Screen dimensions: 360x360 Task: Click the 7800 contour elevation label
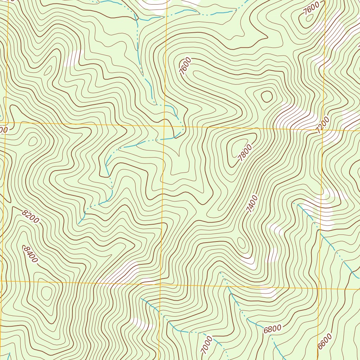[x=245, y=154]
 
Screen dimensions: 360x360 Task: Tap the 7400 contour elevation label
[x=252, y=204]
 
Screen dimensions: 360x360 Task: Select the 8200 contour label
[x=30, y=216]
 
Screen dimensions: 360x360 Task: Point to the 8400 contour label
[x=30, y=254]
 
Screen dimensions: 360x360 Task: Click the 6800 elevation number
[x=272, y=329]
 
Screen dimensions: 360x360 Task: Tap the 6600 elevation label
[x=324, y=341]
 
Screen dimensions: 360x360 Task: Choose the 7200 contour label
[x=322, y=126]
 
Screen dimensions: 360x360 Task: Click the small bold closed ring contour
[x=266, y=96]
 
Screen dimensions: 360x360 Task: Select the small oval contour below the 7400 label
[x=241, y=242]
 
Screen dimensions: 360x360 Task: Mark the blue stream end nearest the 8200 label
[x=79, y=223]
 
